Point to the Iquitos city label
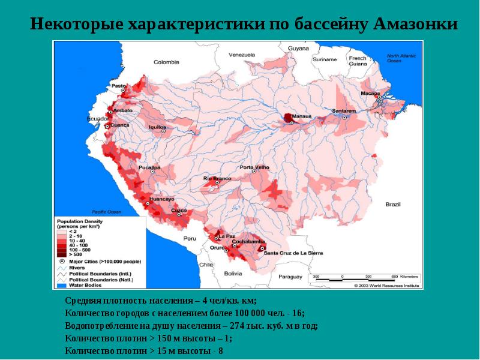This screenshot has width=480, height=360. tap(157, 127)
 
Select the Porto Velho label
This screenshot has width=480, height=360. tap(254, 167)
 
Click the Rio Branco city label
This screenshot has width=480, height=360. tap(217, 178)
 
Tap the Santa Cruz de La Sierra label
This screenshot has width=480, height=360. tap(293, 253)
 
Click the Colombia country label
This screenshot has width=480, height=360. tap(166, 62)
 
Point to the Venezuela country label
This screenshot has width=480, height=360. tap(242, 55)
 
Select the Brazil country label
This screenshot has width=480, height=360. tap(392, 205)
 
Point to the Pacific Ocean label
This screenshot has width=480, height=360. tap(106, 212)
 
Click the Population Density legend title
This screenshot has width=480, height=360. tap(80, 223)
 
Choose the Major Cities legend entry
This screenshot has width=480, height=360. tap(99, 261)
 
